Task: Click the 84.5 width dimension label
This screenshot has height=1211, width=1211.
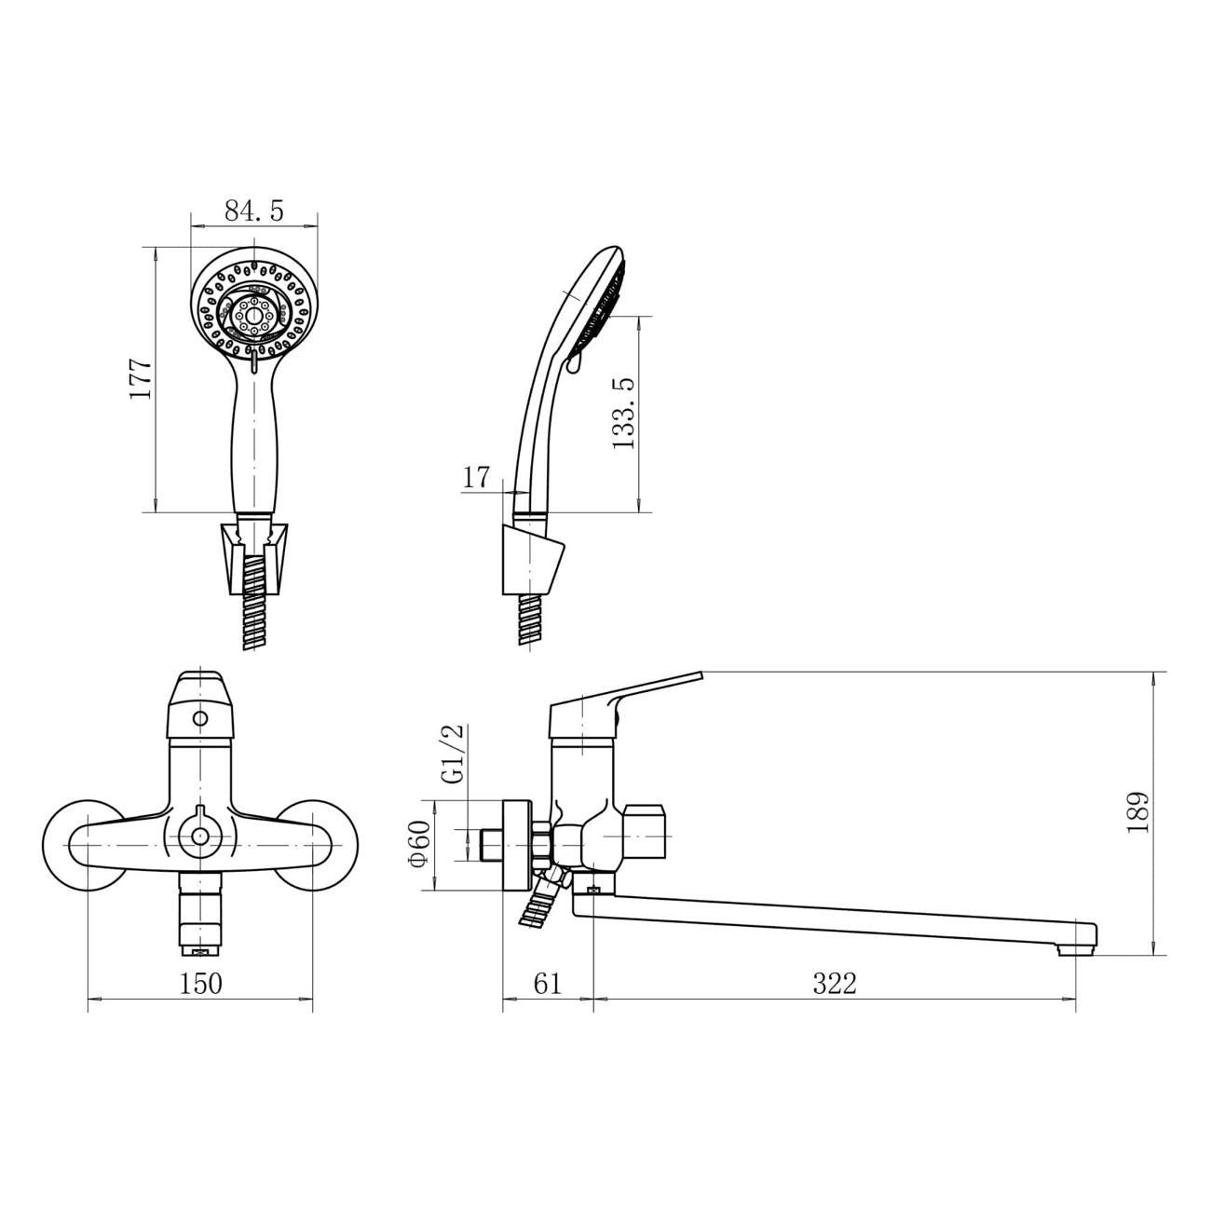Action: tap(254, 211)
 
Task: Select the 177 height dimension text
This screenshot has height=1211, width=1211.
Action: tap(140, 378)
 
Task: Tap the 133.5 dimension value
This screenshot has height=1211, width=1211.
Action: tap(623, 414)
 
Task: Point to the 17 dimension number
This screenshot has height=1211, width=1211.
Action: tap(476, 478)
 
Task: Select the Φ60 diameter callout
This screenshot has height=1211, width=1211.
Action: tap(420, 844)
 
